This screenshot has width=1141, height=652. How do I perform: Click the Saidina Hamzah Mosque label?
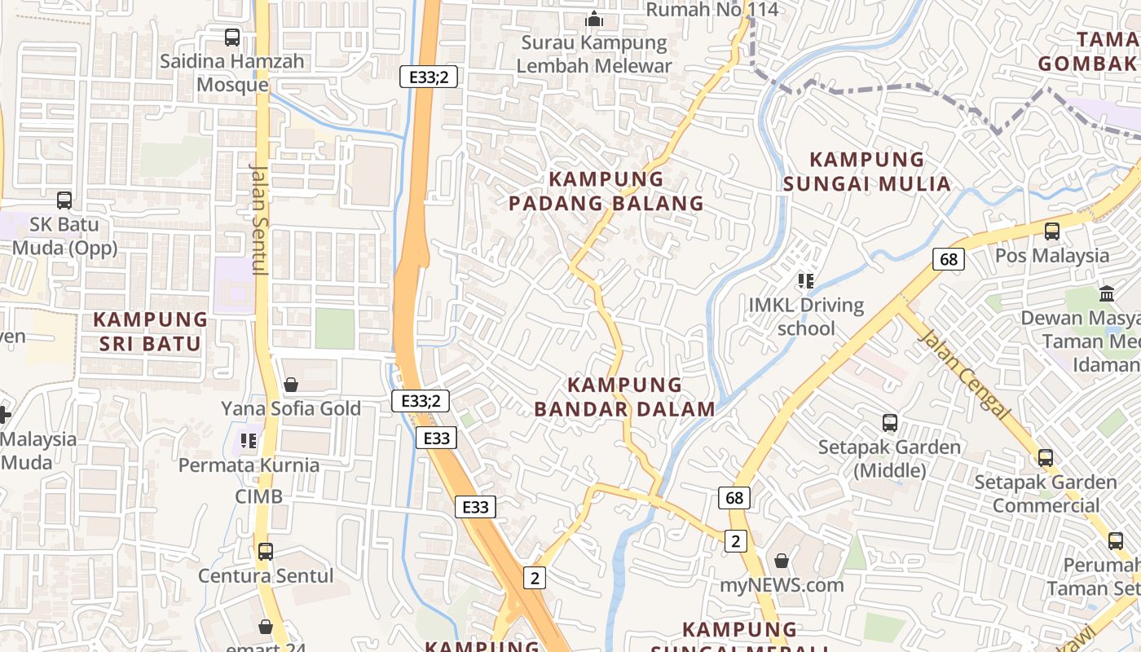click(232, 73)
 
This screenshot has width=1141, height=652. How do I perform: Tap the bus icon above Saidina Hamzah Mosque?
click(232, 37)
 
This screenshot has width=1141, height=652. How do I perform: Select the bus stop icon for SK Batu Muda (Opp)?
click(64, 200)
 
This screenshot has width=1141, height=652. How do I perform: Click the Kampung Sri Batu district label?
click(150, 331)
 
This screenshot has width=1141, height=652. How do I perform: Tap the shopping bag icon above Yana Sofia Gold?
click(291, 384)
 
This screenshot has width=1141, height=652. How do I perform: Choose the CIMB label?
click(259, 496)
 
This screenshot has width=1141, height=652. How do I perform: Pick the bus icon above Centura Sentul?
click(266, 552)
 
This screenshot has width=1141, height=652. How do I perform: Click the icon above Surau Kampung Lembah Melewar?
click(594, 18)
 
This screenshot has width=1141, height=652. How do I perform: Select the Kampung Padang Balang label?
click(606, 191)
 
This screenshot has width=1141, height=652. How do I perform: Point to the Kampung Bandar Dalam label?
click(625, 396)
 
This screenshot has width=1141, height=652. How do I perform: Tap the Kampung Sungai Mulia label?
click(867, 171)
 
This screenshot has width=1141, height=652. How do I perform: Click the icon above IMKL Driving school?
click(806, 281)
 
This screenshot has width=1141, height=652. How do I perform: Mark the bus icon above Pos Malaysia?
click(1052, 231)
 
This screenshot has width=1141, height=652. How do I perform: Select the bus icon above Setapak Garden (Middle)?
click(890, 423)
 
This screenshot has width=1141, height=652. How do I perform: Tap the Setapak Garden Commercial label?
click(1046, 493)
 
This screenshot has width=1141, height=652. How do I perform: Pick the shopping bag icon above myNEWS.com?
click(782, 561)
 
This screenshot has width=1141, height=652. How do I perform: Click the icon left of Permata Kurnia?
click(249, 441)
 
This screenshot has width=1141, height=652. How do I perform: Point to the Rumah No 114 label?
click(712, 10)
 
